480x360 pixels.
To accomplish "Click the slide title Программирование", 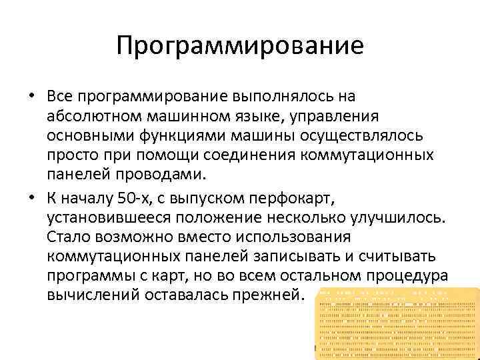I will (x=240, y=46).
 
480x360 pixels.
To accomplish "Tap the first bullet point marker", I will (x=31, y=97).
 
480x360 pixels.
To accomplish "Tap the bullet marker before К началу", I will (x=31, y=198).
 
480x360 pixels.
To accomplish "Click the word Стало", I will (x=69, y=237).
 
